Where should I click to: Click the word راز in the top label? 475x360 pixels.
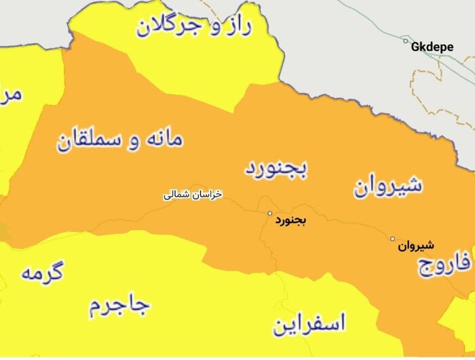(x=237, y=26)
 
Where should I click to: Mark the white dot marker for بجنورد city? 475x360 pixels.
(x=269, y=214)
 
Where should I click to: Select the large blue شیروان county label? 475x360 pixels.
(x=387, y=185)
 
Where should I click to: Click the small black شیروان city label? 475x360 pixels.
(x=416, y=245)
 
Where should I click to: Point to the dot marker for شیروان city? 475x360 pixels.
(x=392, y=239)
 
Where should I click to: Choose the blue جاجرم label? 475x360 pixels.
(x=119, y=306)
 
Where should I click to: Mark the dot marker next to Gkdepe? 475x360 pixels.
(x=406, y=42)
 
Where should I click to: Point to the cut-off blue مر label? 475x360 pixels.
(x=12, y=93)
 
